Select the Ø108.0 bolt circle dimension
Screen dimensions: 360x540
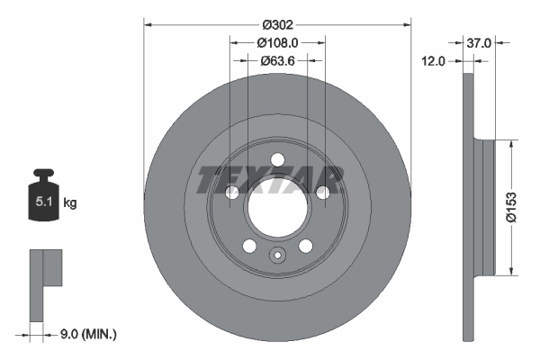click(277, 42)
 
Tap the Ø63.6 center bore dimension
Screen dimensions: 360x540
click(277, 60)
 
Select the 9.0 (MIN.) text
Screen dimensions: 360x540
click(86, 334)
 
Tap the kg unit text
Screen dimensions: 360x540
click(69, 203)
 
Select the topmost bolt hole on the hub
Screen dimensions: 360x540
click(276, 160)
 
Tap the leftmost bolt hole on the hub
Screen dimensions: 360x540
click(230, 193)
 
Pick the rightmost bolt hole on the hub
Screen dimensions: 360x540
click(322, 193)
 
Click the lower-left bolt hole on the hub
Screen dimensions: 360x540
click(248, 247)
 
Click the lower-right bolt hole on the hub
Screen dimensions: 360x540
click(305, 247)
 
